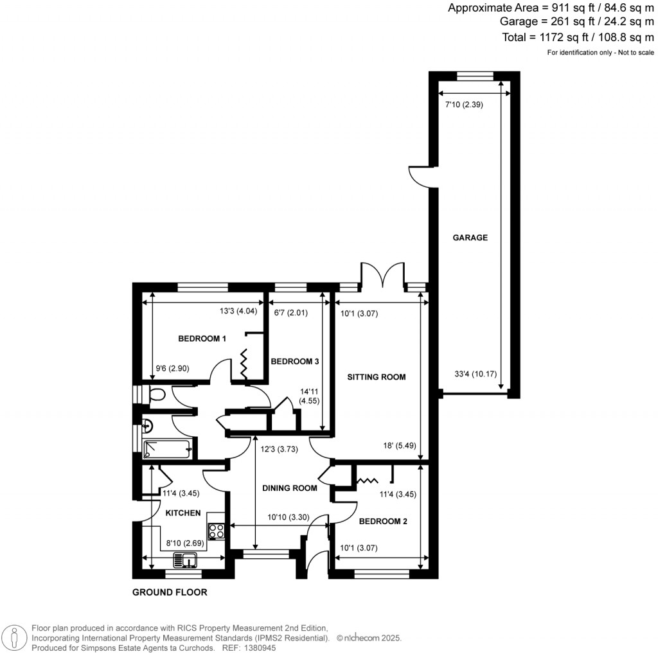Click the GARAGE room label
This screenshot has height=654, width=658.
(x=470, y=238)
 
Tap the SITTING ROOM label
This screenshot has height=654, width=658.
(x=376, y=377)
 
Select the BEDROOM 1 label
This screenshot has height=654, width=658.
(x=202, y=339)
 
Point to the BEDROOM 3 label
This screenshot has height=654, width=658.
(x=295, y=362)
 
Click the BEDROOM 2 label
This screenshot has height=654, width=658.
(x=383, y=521)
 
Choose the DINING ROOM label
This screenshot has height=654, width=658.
(x=290, y=488)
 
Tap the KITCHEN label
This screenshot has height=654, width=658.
(x=183, y=513)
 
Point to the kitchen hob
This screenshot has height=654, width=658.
(x=217, y=531)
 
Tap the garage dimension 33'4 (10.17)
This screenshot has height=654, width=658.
(x=474, y=375)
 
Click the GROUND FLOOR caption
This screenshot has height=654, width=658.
(x=170, y=592)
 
